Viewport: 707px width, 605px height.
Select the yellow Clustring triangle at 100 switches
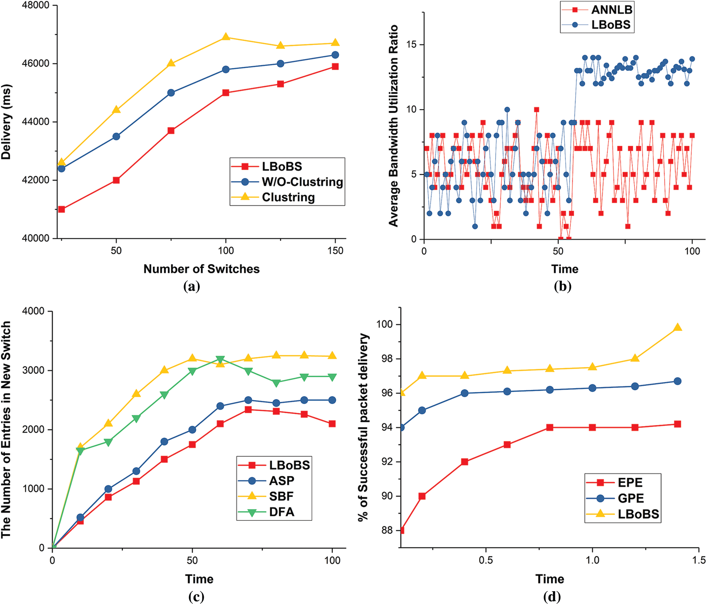coord(225,37)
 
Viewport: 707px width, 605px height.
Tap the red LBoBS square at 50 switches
coord(116,180)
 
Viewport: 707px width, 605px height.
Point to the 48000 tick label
coord(36,5)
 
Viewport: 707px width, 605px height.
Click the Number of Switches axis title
coord(202,269)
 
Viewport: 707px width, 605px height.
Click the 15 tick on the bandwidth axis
coord(411,44)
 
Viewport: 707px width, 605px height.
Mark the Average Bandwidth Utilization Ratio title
coord(393,126)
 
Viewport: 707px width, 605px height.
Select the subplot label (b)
coord(562,286)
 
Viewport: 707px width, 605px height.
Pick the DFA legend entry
coord(281,512)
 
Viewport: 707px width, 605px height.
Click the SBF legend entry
coord(281,496)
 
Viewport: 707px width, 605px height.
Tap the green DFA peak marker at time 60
coord(220,359)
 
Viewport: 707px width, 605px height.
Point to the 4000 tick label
coord(33,311)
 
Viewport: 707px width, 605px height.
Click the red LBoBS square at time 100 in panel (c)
coord(332,424)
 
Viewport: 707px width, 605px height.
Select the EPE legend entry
coord(630,483)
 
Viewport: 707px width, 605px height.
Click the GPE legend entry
coord(631,498)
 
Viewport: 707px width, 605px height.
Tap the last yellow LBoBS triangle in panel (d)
coord(677,328)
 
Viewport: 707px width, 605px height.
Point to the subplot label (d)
coord(552,597)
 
